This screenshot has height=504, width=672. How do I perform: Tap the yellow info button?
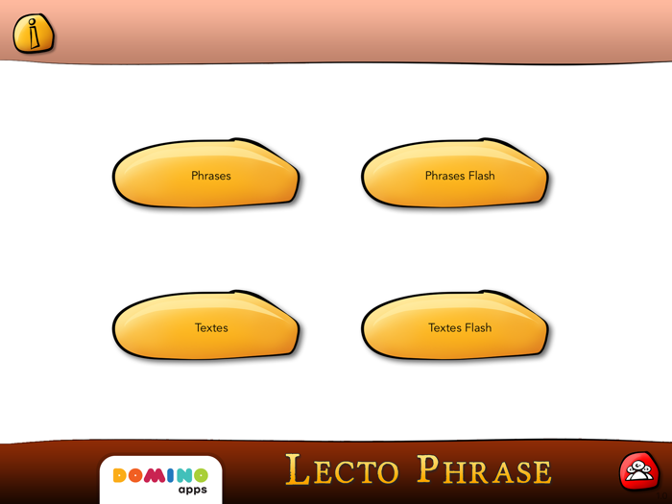tap(33, 35)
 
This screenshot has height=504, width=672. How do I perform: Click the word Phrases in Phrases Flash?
tap(444, 176)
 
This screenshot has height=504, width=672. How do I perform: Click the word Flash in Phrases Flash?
tap(482, 176)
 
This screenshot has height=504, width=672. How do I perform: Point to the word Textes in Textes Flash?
tap(444, 327)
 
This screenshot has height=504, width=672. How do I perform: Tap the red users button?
tap(638, 470)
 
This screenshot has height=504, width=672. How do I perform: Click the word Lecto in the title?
tap(342, 470)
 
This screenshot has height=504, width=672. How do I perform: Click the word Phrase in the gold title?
tap(484, 470)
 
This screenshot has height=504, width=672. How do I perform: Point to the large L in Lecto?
tap(299, 469)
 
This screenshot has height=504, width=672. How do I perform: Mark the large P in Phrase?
tap(428, 468)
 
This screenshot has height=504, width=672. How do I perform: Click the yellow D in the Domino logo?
tap(120, 476)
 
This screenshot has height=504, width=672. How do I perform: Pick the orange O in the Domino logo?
tap(135, 476)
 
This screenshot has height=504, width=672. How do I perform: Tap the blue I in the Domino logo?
tap(169, 476)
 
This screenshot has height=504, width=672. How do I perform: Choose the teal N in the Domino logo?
tap(182, 476)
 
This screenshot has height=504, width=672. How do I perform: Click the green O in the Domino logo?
tap(200, 476)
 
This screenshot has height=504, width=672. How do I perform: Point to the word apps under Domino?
tap(192, 490)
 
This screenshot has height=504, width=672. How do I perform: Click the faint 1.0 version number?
tap(661, 495)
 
